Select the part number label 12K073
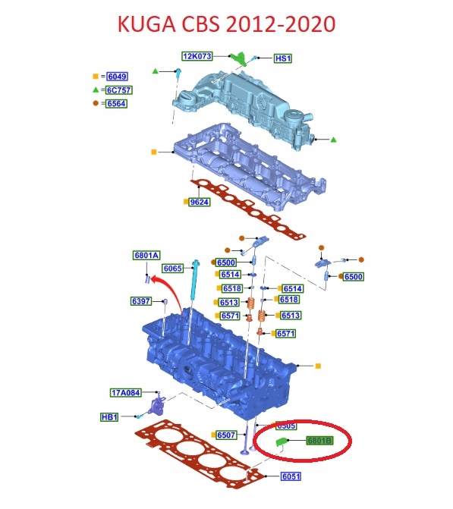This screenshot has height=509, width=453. point(197,56)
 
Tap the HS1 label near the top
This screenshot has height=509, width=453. point(282,58)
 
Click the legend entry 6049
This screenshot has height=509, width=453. point(117,77)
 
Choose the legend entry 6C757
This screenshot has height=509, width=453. point(117,90)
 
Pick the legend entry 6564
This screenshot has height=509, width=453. point(117,103)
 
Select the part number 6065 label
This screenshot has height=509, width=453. point(173,269)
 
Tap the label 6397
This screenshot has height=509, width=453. point(142,302)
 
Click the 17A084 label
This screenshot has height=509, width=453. point(125,392)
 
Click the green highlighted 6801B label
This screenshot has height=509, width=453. point(319,440)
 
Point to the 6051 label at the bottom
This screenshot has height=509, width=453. point(292,476)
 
